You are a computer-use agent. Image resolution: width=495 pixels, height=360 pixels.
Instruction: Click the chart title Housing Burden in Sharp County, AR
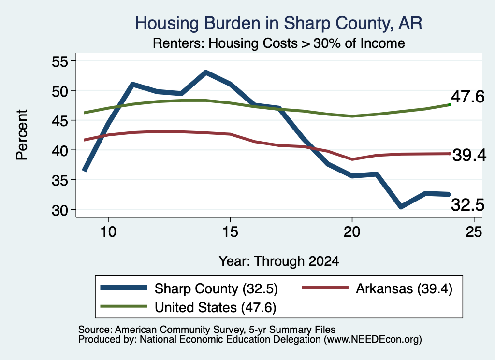[278, 23]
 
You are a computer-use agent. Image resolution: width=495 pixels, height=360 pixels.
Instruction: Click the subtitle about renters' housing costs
[279, 43]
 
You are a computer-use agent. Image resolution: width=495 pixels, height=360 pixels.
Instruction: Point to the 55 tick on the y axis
[60, 61]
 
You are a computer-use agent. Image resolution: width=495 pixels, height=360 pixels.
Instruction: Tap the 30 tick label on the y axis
[60, 210]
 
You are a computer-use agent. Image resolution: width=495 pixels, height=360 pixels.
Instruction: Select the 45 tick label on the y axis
[60, 120]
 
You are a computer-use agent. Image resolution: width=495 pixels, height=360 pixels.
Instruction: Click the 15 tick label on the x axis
[230, 232]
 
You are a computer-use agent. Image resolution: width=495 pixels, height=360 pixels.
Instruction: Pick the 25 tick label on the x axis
[474, 232]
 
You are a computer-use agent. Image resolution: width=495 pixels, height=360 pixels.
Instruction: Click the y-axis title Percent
[22, 135]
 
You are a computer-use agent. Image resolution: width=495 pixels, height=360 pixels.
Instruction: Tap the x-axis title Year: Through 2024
[279, 261]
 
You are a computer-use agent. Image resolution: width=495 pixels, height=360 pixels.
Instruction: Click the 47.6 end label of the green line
[467, 96]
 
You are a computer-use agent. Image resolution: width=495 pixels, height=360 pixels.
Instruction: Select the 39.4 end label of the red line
[469, 155]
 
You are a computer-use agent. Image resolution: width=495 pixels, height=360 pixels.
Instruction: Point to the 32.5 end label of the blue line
[467, 205]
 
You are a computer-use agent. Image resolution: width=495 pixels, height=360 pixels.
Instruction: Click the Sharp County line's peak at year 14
[206, 73]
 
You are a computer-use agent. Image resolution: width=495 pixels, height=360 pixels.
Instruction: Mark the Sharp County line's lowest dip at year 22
[401, 206]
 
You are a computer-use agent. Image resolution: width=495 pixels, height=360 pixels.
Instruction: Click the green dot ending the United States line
[450, 104]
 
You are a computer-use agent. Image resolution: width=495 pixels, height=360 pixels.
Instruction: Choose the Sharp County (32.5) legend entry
[189, 288]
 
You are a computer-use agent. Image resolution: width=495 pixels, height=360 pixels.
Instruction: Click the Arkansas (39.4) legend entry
[377, 288]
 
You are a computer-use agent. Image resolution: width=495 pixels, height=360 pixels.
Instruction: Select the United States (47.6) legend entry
[188, 307]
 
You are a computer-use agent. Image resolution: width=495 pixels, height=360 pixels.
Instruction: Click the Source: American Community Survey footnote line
[207, 330]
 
